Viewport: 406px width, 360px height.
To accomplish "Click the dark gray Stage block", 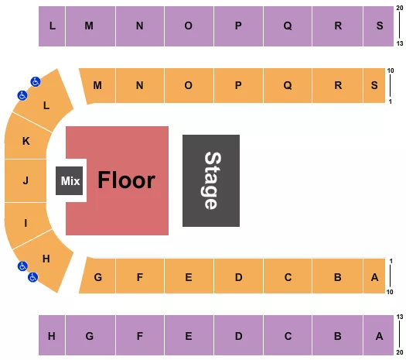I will tap(210, 180).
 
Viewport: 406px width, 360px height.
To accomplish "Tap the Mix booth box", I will tap(70, 181).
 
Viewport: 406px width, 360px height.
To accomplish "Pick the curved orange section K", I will tap(26, 142).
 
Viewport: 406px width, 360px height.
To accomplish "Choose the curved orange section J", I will tap(26, 181).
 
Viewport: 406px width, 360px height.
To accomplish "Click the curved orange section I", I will tap(26, 222).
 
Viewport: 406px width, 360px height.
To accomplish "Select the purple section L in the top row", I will tap(52, 26).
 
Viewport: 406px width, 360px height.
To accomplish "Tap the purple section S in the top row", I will tap(379, 26).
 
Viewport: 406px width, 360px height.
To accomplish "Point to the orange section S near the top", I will tap(374, 86).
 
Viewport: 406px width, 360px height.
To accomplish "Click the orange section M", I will tap(98, 86).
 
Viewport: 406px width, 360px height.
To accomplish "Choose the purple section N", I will tap(140, 26).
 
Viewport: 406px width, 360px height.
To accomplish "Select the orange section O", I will tap(189, 86).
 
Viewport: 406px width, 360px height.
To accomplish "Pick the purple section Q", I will tap(288, 26).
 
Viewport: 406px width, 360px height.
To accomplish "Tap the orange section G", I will tap(98, 276).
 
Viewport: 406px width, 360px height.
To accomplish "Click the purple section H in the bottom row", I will tap(52, 336).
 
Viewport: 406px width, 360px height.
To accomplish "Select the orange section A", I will tap(374, 276).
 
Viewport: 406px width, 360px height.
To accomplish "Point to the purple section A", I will tap(379, 336).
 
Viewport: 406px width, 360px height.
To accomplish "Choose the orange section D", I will tap(239, 276).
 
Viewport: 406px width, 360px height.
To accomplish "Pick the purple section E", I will tap(189, 336).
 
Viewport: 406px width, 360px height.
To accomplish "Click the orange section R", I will tap(338, 86).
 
